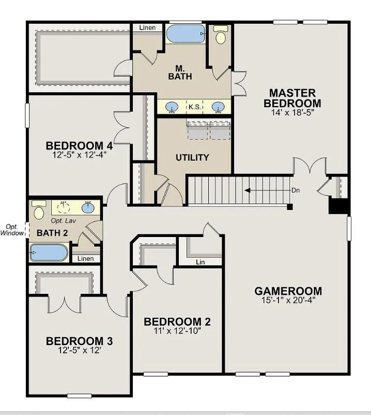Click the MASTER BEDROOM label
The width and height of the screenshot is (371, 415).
(292, 98)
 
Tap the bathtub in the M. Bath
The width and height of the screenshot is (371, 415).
(185, 34)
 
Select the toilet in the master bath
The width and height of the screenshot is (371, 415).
(221, 35)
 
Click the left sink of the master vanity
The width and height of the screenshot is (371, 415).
(172, 107)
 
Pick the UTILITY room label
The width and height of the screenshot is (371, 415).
(192, 157)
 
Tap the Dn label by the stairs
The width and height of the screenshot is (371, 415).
(296, 190)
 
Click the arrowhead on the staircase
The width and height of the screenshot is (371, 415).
(247, 190)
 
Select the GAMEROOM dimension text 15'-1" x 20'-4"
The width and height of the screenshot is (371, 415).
(288, 300)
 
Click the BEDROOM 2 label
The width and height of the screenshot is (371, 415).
(177, 322)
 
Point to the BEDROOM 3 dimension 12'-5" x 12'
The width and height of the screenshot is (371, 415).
(80, 350)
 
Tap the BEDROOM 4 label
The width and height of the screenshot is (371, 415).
(79, 145)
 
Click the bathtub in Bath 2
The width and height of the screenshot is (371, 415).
(49, 253)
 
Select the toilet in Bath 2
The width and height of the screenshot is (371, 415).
(39, 210)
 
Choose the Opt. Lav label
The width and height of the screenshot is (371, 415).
(64, 220)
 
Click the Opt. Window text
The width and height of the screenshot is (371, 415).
(12, 230)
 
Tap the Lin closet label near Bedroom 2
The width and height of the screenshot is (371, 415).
(200, 262)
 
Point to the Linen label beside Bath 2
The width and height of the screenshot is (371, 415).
(85, 258)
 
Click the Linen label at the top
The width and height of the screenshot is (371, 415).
(147, 27)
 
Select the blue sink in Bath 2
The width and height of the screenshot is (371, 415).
(88, 207)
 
